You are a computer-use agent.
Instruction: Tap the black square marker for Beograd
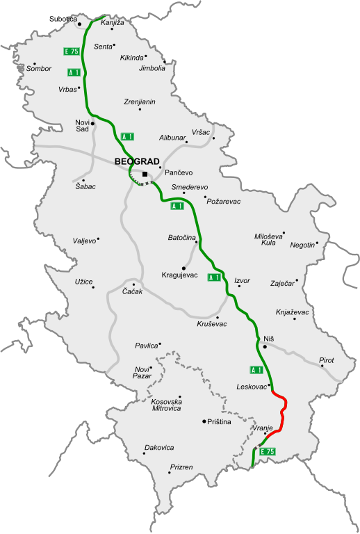145,174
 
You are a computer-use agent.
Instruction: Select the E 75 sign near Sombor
71,51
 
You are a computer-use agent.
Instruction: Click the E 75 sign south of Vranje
268,452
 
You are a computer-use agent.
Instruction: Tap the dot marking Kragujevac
184,268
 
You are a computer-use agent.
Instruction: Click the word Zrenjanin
140,102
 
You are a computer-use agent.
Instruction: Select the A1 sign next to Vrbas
74,72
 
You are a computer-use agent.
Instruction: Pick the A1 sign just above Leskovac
256,369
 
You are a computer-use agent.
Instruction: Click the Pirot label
326,360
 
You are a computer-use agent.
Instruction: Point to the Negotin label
302,245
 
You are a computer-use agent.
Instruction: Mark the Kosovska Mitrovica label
166,405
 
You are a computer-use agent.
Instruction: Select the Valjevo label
84,241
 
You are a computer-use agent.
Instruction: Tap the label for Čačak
132,291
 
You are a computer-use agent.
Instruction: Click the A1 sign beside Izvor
215,277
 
